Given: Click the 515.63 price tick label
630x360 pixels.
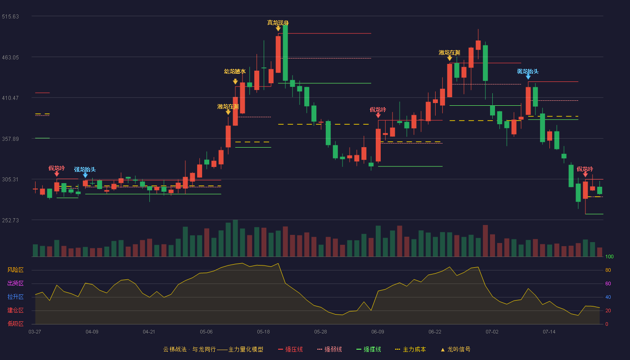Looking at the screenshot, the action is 10,17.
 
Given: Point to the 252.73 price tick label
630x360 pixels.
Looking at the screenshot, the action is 10,220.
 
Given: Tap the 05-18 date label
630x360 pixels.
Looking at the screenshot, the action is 263,332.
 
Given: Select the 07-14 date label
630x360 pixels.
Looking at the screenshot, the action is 549,332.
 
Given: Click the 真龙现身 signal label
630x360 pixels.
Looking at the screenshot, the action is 278,23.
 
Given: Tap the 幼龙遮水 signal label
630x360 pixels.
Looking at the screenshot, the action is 235,72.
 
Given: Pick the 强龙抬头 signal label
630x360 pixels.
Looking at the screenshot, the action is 85,170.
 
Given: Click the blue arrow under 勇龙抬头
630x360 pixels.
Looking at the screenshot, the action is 528,77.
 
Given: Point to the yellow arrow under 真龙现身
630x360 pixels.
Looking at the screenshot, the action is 278,28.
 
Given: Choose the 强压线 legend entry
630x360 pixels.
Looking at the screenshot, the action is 290,349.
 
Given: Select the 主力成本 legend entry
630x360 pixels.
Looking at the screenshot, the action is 410,349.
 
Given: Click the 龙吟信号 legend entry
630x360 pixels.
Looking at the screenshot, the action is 455,349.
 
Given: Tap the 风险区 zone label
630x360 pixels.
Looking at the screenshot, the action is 15,270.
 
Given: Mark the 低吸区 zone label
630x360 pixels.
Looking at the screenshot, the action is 15,324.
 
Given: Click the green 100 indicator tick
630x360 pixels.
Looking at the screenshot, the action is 609,256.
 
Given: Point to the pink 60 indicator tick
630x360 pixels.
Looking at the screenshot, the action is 608,283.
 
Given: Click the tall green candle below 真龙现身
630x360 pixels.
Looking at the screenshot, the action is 285,53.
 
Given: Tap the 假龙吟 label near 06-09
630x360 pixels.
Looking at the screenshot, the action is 378,110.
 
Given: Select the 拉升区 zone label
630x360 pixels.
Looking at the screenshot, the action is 15,297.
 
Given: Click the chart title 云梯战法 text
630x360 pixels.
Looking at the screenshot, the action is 175,349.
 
